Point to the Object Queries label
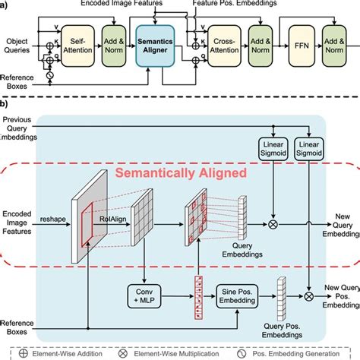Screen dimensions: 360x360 [x=17, y=43]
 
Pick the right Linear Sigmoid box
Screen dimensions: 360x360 [x=311, y=149]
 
